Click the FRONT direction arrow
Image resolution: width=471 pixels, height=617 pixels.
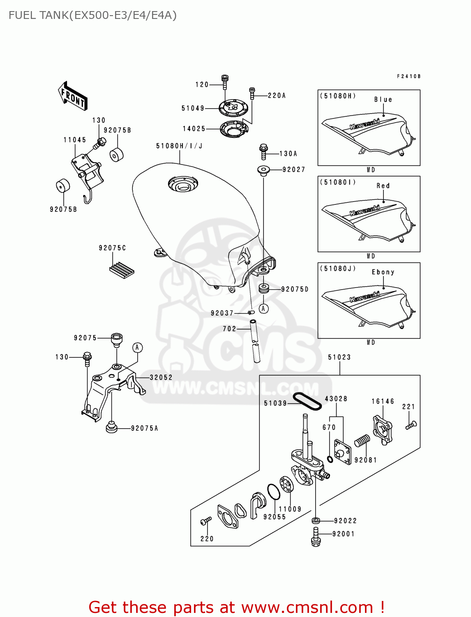(73, 96)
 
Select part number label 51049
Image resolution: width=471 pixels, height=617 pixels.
(193, 108)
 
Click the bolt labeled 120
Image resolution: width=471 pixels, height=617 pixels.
(224, 82)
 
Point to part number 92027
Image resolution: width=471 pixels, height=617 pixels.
(293, 169)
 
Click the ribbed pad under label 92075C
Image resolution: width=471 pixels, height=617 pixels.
(122, 270)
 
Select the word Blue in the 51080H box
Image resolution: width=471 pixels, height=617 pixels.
(383, 100)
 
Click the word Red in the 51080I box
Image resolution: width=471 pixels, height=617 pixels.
(383, 186)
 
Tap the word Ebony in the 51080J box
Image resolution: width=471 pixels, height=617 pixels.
(383, 272)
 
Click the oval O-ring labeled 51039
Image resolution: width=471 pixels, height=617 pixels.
(307, 401)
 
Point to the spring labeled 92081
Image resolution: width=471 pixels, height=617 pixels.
(362, 441)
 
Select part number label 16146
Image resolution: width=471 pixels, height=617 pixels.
(383, 401)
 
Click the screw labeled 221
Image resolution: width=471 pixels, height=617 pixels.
(411, 425)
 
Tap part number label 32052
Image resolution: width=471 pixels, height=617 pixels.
(161, 378)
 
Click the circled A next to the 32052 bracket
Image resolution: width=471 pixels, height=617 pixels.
(137, 348)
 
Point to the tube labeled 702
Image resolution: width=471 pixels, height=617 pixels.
(255, 341)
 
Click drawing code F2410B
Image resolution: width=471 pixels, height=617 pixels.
(409, 77)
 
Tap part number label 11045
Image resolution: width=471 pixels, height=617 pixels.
(75, 140)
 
